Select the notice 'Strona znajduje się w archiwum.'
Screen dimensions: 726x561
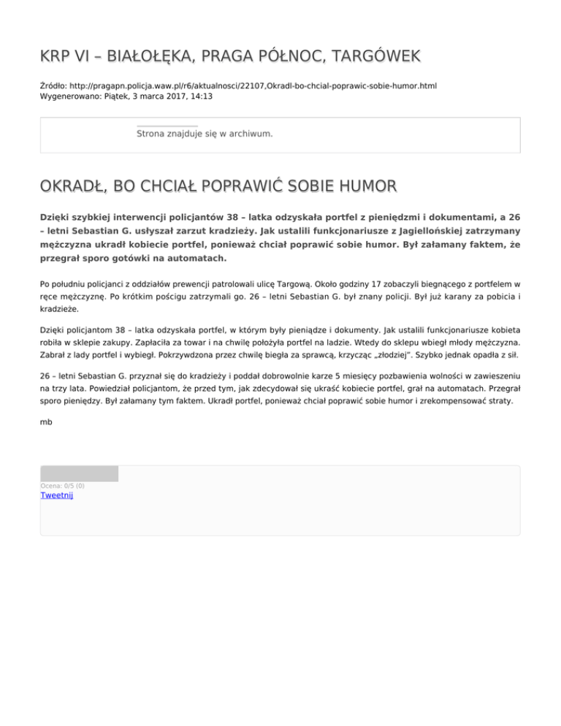coord(205,134)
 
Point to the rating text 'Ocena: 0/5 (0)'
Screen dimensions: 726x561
coord(62,486)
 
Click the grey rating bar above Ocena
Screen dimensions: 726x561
coord(79,473)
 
